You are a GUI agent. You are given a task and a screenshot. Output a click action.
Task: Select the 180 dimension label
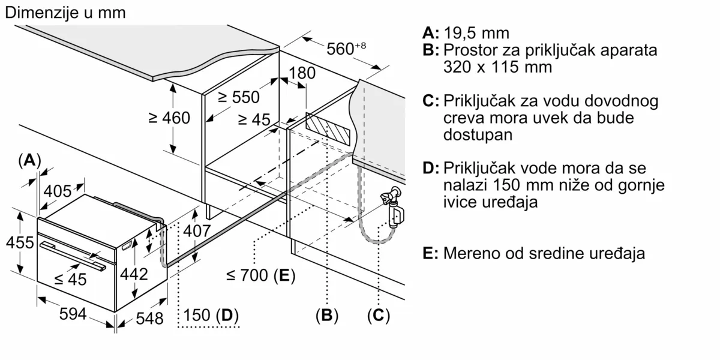click(301, 74)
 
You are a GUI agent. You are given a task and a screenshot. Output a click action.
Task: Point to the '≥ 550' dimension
click(239, 98)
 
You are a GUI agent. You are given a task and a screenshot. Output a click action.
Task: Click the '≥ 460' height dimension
click(169, 118)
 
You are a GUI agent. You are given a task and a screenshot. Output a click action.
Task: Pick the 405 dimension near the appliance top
click(58, 191)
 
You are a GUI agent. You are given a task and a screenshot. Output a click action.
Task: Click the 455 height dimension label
click(19, 243)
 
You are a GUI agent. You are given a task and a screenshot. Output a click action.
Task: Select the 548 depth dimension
click(148, 319)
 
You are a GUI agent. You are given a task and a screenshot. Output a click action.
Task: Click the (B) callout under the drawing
click(327, 315)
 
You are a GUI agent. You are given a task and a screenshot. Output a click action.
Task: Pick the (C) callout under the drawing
click(378, 315)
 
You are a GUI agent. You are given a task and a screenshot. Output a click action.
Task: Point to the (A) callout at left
click(29, 160)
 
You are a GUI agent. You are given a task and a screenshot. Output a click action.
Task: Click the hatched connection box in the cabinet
click(326, 127)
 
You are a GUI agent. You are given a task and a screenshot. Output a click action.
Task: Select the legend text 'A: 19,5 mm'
click(465, 32)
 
